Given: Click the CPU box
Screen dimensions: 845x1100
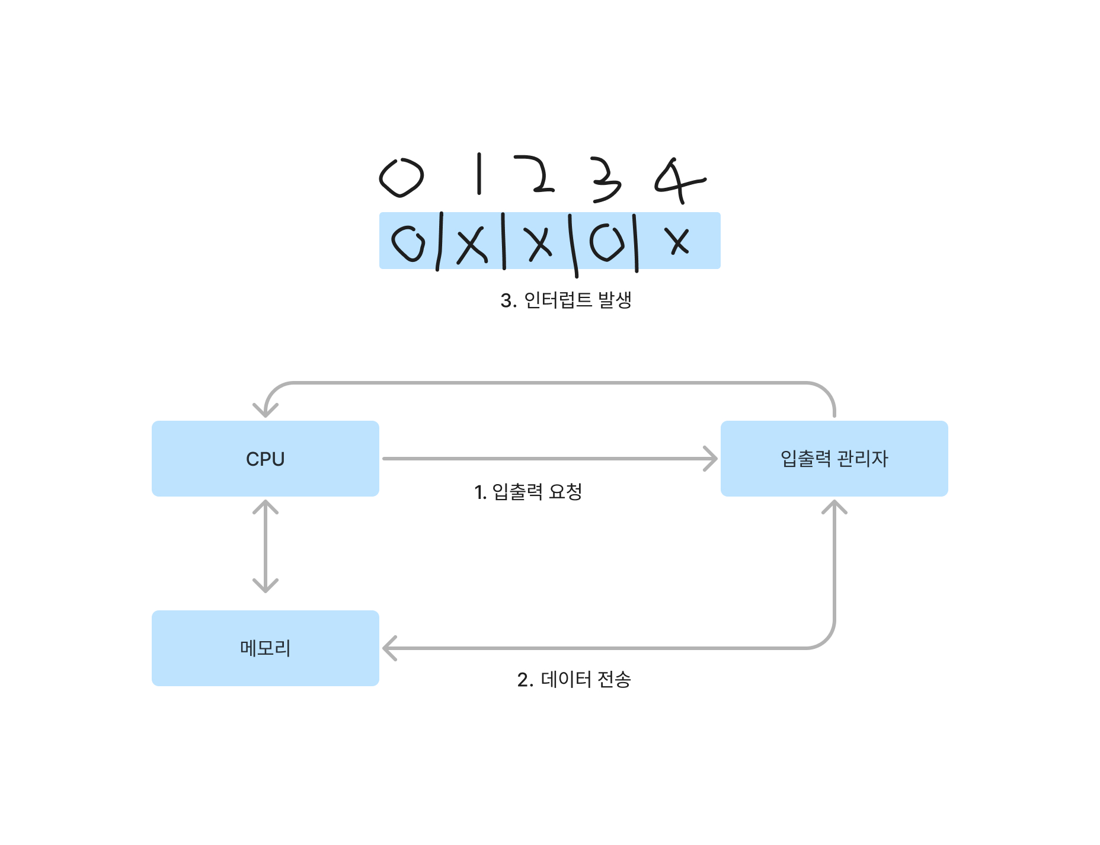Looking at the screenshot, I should (265, 459).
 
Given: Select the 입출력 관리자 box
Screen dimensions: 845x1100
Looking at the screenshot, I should (834, 459).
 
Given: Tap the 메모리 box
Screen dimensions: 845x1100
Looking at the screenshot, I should (265, 648).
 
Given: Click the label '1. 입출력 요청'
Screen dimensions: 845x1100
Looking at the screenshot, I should (528, 492).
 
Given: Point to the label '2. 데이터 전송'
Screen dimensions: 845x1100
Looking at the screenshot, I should (574, 679).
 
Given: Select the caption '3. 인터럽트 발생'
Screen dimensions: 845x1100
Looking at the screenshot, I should (566, 300).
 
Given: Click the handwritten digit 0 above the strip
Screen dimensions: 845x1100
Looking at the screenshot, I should (401, 177).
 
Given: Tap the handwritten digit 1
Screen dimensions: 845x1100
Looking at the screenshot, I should (479, 174).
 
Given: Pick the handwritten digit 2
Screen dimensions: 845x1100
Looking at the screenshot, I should (535, 174).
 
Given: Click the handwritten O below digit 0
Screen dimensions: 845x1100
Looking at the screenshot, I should (409, 243).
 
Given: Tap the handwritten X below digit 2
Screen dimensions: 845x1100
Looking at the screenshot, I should (539, 243).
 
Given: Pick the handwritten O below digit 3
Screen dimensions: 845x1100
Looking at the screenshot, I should (607, 243).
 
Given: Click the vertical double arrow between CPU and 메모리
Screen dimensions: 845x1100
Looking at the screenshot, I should (265, 546).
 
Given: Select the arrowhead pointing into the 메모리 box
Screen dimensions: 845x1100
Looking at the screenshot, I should (389, 648).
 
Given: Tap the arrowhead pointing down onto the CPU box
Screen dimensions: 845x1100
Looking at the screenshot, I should (265, 409).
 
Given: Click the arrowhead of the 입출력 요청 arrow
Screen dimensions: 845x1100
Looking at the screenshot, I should (710, 459).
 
